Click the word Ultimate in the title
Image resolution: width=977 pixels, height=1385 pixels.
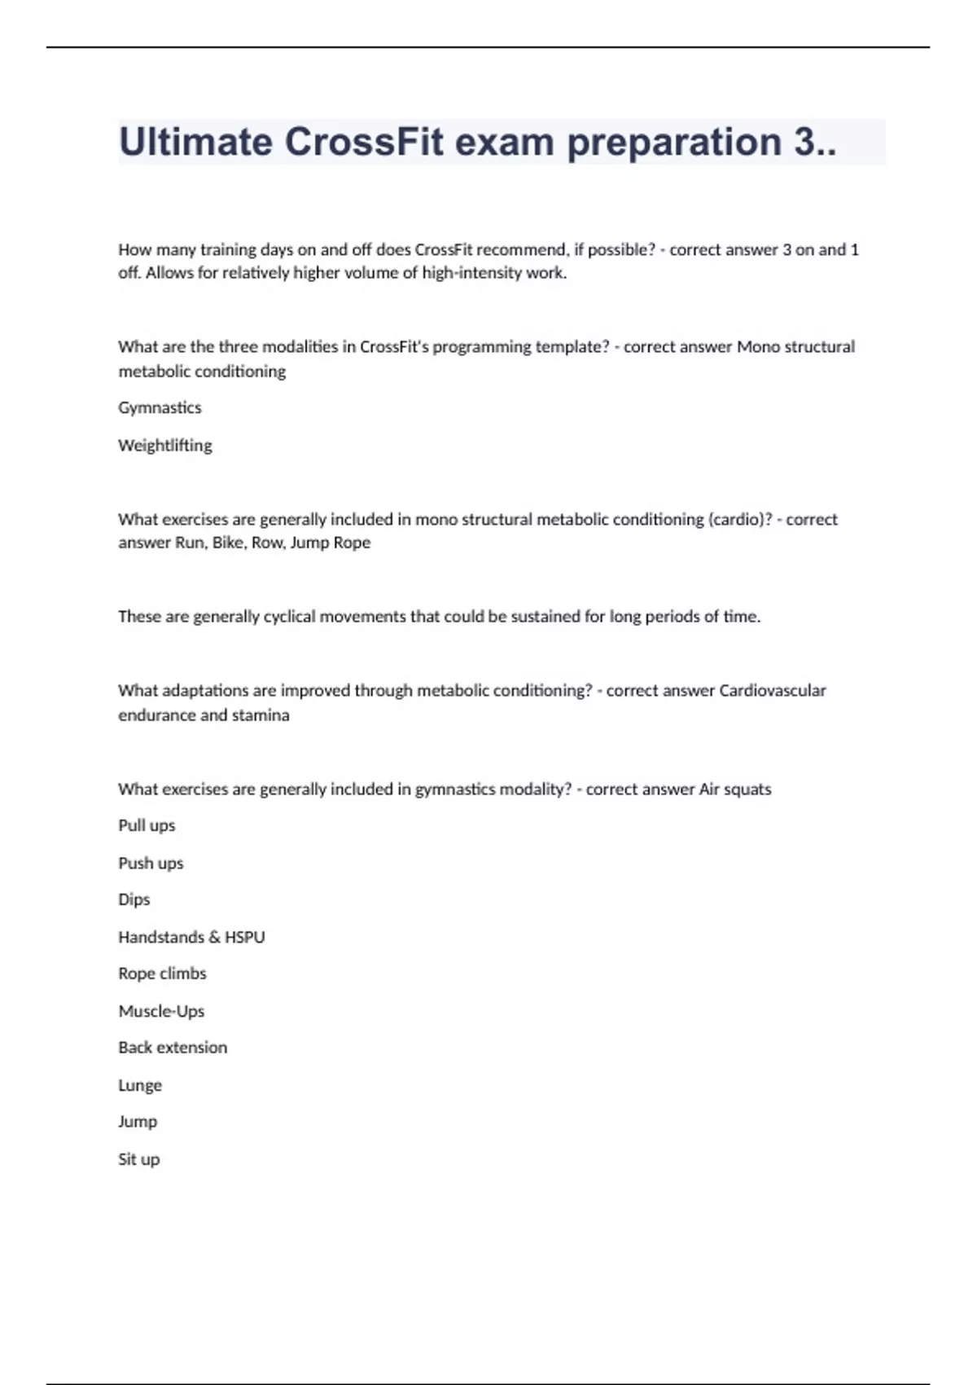[x=195, y=142]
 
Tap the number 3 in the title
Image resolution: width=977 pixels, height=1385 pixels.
[x=804, y=142]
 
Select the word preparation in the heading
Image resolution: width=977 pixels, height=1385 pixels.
[x=674, y=143]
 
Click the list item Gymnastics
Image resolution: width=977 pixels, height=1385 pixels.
[x=160, y=407]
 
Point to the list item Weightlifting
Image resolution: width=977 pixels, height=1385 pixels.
[x=165, y=446]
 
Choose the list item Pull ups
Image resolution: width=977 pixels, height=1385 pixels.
[x=147, y=825]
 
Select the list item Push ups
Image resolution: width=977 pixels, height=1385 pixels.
[x=151, y=863]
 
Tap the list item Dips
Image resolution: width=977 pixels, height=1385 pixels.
[x=134, y=899]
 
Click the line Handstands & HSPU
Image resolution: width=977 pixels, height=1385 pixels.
[x=191, y=937]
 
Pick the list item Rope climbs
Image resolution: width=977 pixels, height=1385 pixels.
[x=162, y=974]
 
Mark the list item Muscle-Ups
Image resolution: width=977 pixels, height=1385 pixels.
[x=161, y=1011]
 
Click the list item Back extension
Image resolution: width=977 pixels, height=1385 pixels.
[x=173, y=1048]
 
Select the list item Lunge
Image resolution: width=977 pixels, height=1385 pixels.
[x=140, y=1085]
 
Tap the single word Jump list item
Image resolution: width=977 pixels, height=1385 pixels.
[x=138, y=1122]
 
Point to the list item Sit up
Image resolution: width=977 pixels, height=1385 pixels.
[x=138, y=1159]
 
